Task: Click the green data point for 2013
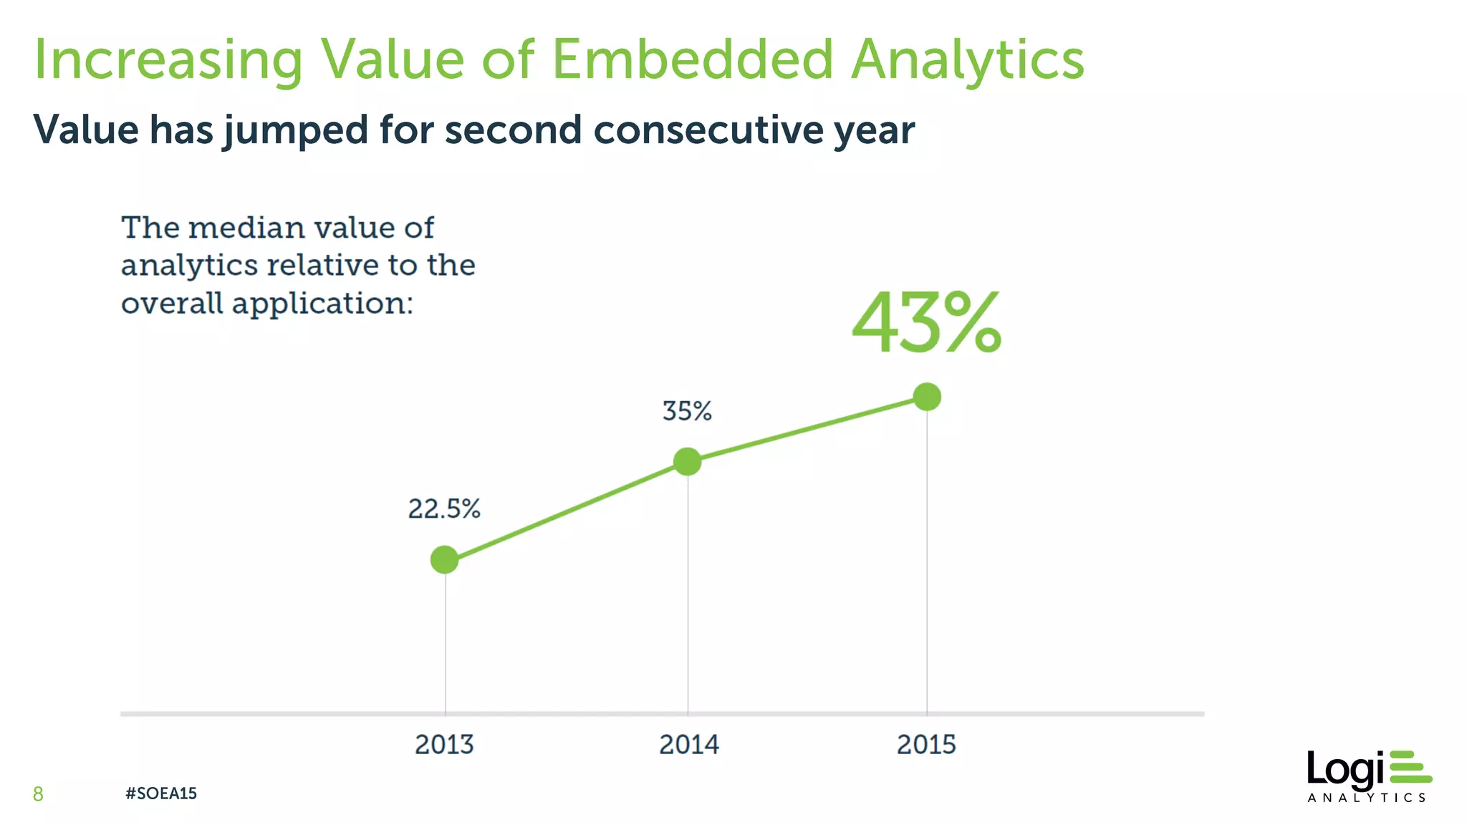pyautogui.click(x=444, y=559)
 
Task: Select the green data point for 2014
pyautogui.click(x=687, y=461)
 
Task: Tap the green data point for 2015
pyautogui.click(x=927, y=396)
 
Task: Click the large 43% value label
pyautogui.click(x=926, y=324)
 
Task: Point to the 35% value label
pyautogui.click(x=686, y=411)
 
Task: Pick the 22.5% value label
pyautogui.click(x=444, y=509)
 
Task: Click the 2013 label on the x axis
pyautogui.click(x=444, y=745)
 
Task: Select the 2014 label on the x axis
pyautogui.click(x=688, y=745)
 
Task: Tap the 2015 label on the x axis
pyautogui.click(x=926, y=745)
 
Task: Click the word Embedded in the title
pyautogui.click(x=693, y=59)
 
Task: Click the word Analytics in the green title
pyautogui.click(x=968, y=61)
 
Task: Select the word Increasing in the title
pyautogui.click(x=168, y=61)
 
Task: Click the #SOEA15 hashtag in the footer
pyautogui.click(x=160, y=793)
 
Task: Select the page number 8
pyautogui.click(x=38, y=793)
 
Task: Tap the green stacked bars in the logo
pyautogui.click(x=1410, y=767)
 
